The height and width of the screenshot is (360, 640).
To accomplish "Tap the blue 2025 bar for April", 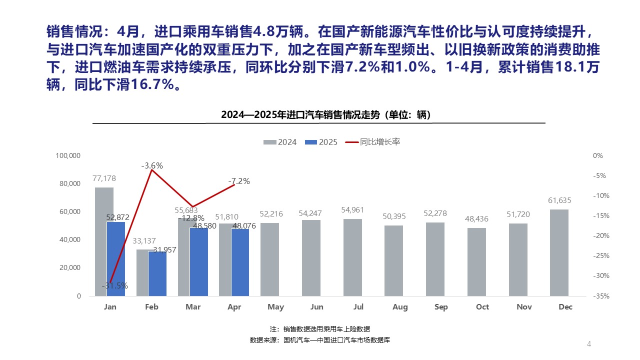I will (240, 262).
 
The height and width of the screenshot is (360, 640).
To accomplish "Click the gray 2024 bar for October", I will (476, 262).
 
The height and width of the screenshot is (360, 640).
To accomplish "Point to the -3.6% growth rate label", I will (152, 165).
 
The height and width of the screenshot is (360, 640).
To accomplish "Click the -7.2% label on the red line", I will (239, 181).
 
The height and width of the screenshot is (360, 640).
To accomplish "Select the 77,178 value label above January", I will (104, 178).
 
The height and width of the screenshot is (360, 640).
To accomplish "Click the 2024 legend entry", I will (281, 142).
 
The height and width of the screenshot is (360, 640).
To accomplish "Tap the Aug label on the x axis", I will (400, 306).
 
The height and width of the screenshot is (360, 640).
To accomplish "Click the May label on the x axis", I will (276, 306).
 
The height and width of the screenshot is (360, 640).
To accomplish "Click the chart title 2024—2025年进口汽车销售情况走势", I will (326, 115).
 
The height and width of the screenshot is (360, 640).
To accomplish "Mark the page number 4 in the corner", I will (589, 344).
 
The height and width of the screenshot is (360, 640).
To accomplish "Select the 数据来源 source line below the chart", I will (319, 340).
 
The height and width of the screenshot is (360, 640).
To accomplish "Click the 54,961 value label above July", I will (353, 209).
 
